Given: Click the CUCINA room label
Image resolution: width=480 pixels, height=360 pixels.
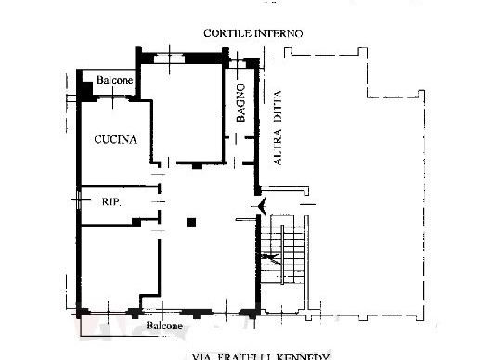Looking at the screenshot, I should [x=115, y=141].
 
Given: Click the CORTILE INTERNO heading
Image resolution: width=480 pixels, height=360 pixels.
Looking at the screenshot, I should [x=253, y=33].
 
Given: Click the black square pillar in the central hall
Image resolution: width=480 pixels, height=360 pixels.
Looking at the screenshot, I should [x=190, y=222].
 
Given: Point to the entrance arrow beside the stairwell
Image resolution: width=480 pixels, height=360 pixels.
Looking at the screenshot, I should [x=264, y=204].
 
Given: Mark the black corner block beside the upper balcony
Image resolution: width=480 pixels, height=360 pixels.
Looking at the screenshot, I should [x=85, y=90].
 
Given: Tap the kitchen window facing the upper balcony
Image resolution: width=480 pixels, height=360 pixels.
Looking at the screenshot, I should [x=114, y=99].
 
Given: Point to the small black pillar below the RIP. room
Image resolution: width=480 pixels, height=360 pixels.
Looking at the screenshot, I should [x=136, y=221].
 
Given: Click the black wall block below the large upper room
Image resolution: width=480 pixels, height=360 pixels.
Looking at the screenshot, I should [x=196, y=166].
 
